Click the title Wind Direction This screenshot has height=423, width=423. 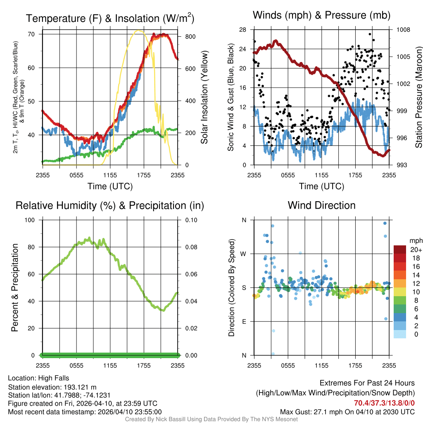(x=321, y=205)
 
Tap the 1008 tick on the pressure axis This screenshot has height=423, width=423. (x=404, y=30)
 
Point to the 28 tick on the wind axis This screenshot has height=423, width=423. (x=243, y=30)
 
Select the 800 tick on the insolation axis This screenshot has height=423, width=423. (x=190, y=36)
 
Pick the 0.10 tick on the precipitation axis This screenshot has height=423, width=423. (x=191, y=220)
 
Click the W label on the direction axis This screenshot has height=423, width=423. (x=244, y=254)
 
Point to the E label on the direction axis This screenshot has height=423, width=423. (x=244, y=321)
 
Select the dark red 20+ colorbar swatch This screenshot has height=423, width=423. (x=400, y=250)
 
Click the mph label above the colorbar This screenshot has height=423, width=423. (x=415, y=240)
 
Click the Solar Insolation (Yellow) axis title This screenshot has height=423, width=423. (x=204, y=97)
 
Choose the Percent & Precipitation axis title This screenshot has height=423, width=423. (x=14, y=288)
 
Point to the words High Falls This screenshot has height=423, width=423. (x=54, y=378)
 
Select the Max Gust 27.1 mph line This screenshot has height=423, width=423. (x=347, y=412)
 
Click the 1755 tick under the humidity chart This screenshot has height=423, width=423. (x=144, y=365)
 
